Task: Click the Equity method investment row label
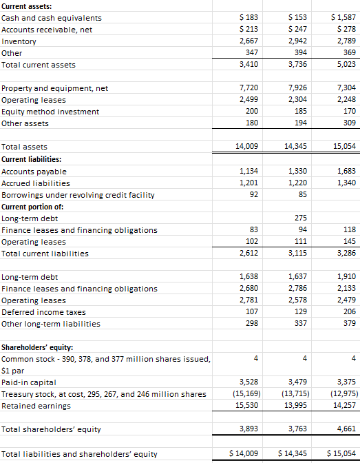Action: (x=50, y=112)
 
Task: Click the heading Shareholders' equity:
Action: (x=42, y=347)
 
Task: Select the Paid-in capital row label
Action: (x=29, y=382)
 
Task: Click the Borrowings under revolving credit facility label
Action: (x=78, y=195)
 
